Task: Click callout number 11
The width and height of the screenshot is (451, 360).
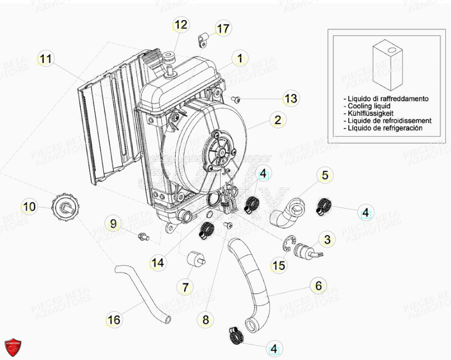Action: (46, 59)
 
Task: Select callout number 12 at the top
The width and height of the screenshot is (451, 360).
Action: (180, 24)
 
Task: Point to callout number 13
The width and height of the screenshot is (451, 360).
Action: (290, 98)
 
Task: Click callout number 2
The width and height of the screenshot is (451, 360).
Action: (277, 120)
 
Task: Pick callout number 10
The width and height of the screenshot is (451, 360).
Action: (29, 207)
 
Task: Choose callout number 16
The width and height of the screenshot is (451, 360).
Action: (114, 319)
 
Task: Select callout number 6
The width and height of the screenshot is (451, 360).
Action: (318, 285)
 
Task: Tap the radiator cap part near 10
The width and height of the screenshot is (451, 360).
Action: (66, 207)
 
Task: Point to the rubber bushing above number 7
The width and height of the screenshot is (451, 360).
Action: (193, 258)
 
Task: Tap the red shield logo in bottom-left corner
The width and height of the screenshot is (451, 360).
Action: (13, 346)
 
